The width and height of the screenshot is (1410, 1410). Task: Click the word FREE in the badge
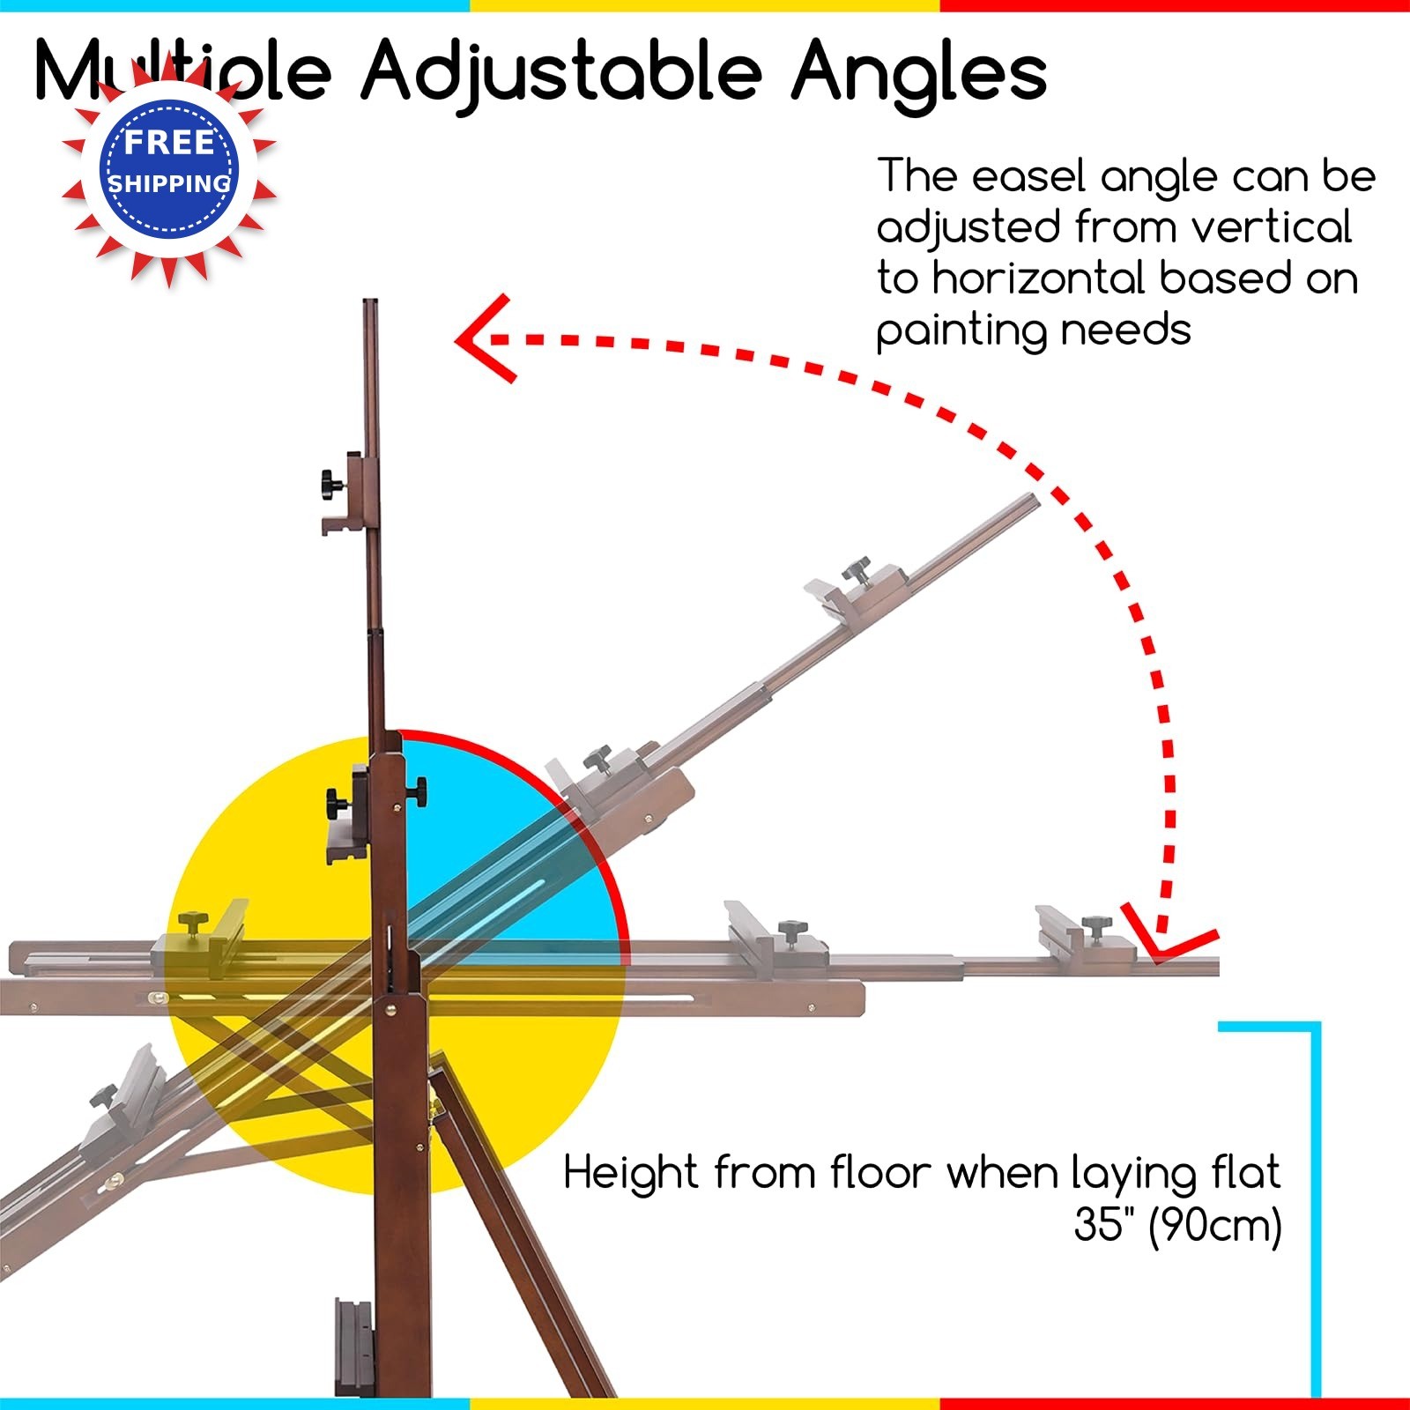point(168,142)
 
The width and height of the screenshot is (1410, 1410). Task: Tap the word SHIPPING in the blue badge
point(168,183)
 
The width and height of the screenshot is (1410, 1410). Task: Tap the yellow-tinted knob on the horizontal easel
point(191,924)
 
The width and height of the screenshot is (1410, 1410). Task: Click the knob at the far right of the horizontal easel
point(1097,926)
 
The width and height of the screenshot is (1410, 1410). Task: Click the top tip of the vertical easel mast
point(370,303)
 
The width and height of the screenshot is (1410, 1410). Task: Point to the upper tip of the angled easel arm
point(1035,500)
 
